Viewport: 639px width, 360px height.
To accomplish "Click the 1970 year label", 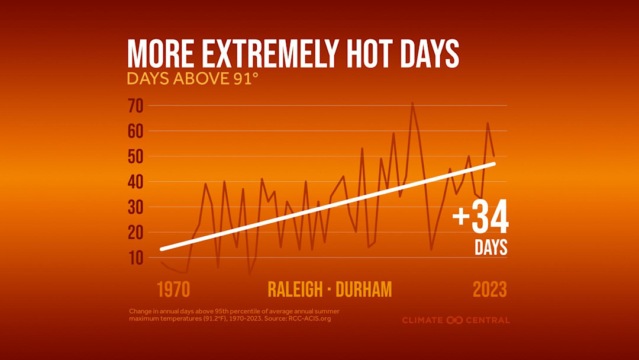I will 173,290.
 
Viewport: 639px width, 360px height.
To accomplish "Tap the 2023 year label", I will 489,290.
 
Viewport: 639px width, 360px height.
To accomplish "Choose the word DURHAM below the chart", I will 363,290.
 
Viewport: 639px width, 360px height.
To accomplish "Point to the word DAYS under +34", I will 491,247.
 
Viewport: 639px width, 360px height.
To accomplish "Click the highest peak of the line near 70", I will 412,103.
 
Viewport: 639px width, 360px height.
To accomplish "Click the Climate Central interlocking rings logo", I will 454,320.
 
